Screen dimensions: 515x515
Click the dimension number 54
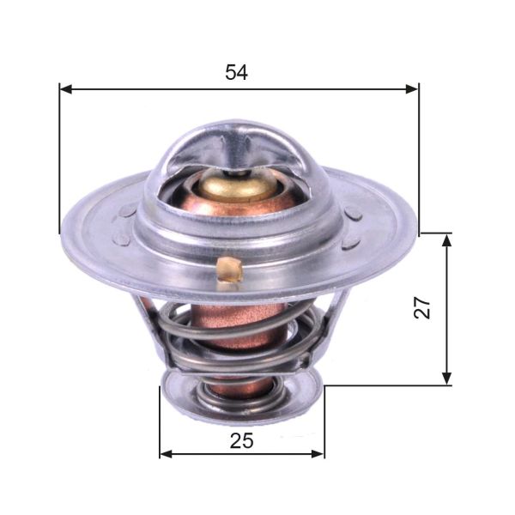pyautogui.click(x=237, y=73)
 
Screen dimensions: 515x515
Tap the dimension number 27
pyautogui.click(x=421, y=307)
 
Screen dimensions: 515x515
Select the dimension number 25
pyautogui.click(x=242, y=441)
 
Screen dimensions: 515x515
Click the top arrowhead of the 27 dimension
pyautogui.click(x=446, y=239)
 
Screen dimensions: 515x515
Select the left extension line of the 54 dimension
pyautogui.click(x=59, y=163)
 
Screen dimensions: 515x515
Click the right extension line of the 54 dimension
pyautogui.click(x=419, y=163)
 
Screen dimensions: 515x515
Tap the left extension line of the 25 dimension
pyautogui.click(x=160, y=425)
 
